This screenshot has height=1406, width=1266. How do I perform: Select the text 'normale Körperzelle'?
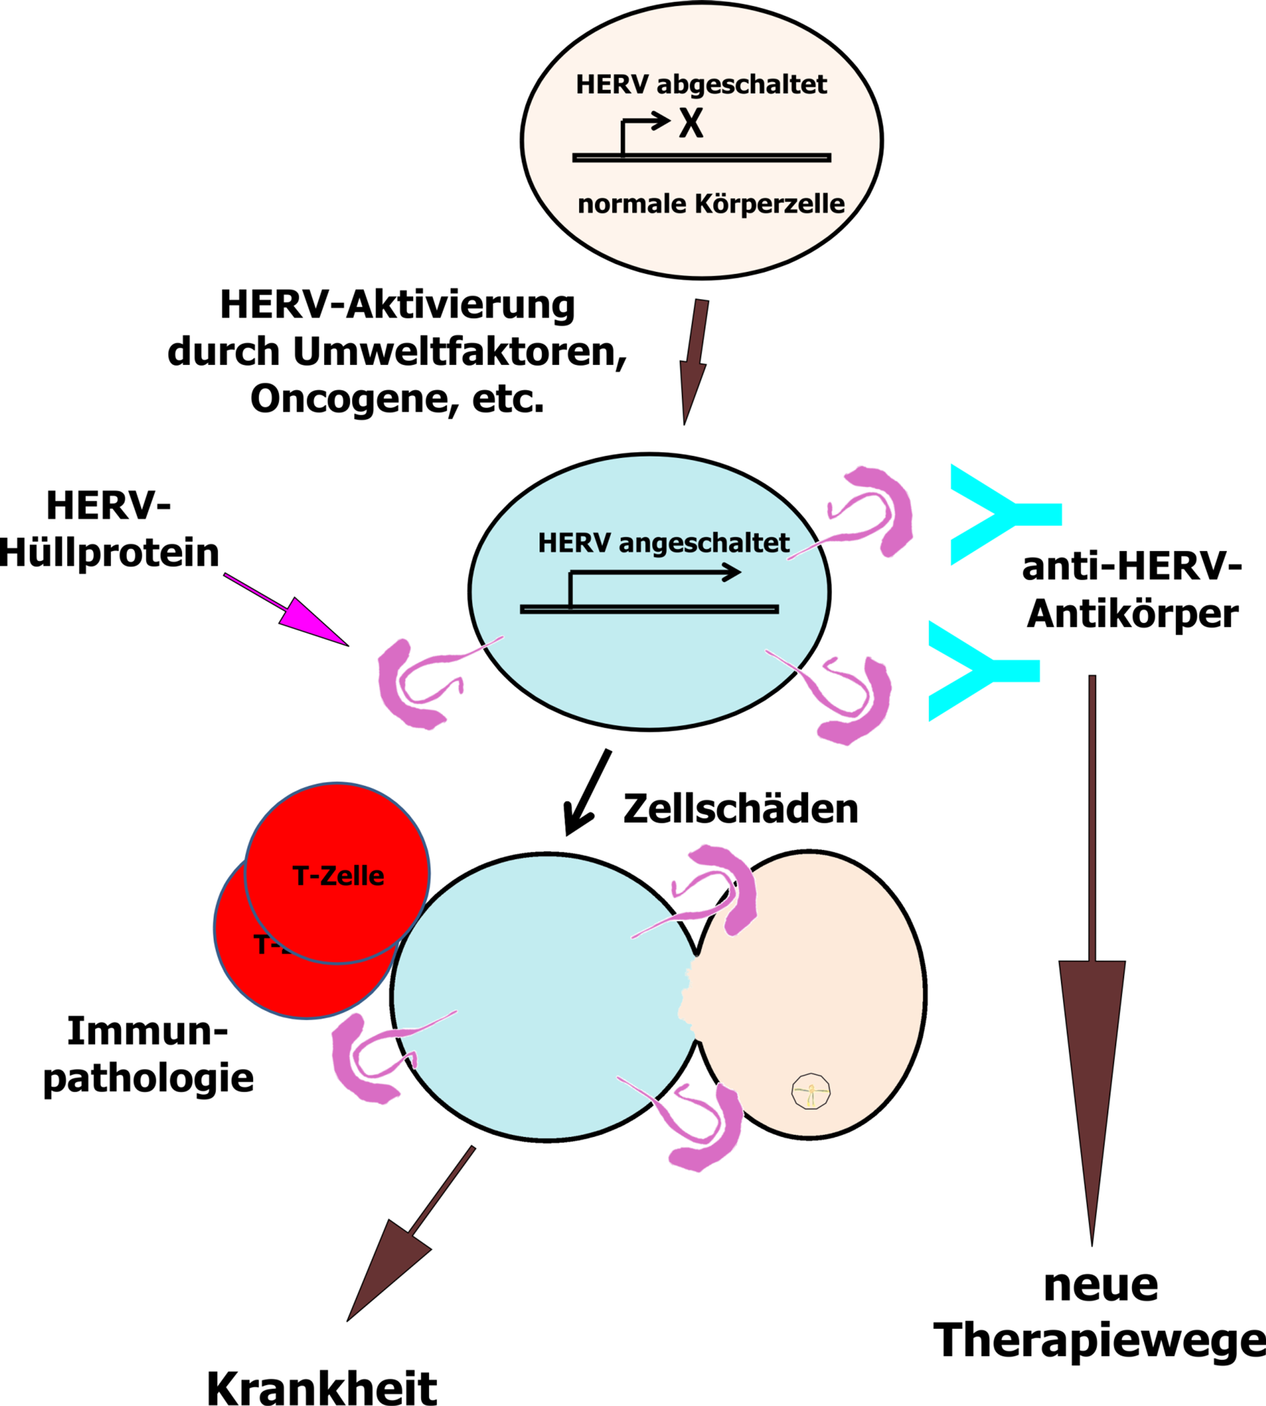711,204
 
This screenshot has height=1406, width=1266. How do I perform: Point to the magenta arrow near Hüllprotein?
286,609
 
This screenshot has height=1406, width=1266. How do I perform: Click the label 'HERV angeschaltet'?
664,543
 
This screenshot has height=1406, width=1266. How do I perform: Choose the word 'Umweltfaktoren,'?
460,352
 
